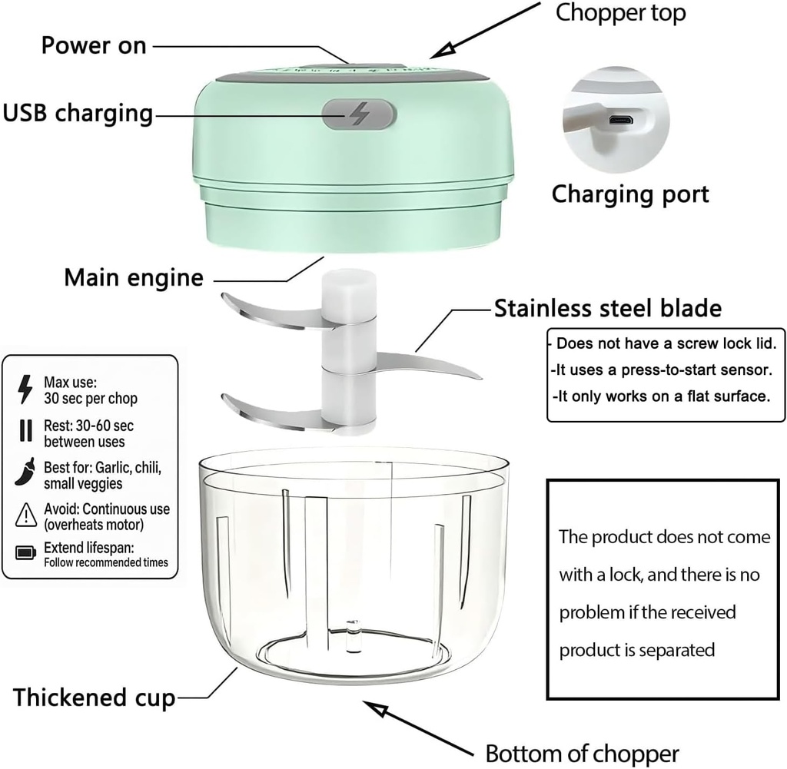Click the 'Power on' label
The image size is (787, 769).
tap(93, 45)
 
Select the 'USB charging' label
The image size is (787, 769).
tap(78, 113)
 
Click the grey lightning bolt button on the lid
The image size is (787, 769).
tap(358, 115)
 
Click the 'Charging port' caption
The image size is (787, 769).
tap(629, 194)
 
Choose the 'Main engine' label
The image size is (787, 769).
tap(134, 277)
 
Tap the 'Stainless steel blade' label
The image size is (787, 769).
tap(607, 308)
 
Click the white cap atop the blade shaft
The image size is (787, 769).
tap(350, 292)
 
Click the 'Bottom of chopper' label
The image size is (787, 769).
tap(582, 752)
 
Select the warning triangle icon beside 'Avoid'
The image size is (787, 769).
tap(25, 514)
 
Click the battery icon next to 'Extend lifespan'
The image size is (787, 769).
tap(25, 552)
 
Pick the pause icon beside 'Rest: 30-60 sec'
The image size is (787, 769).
tap(25, 431)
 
